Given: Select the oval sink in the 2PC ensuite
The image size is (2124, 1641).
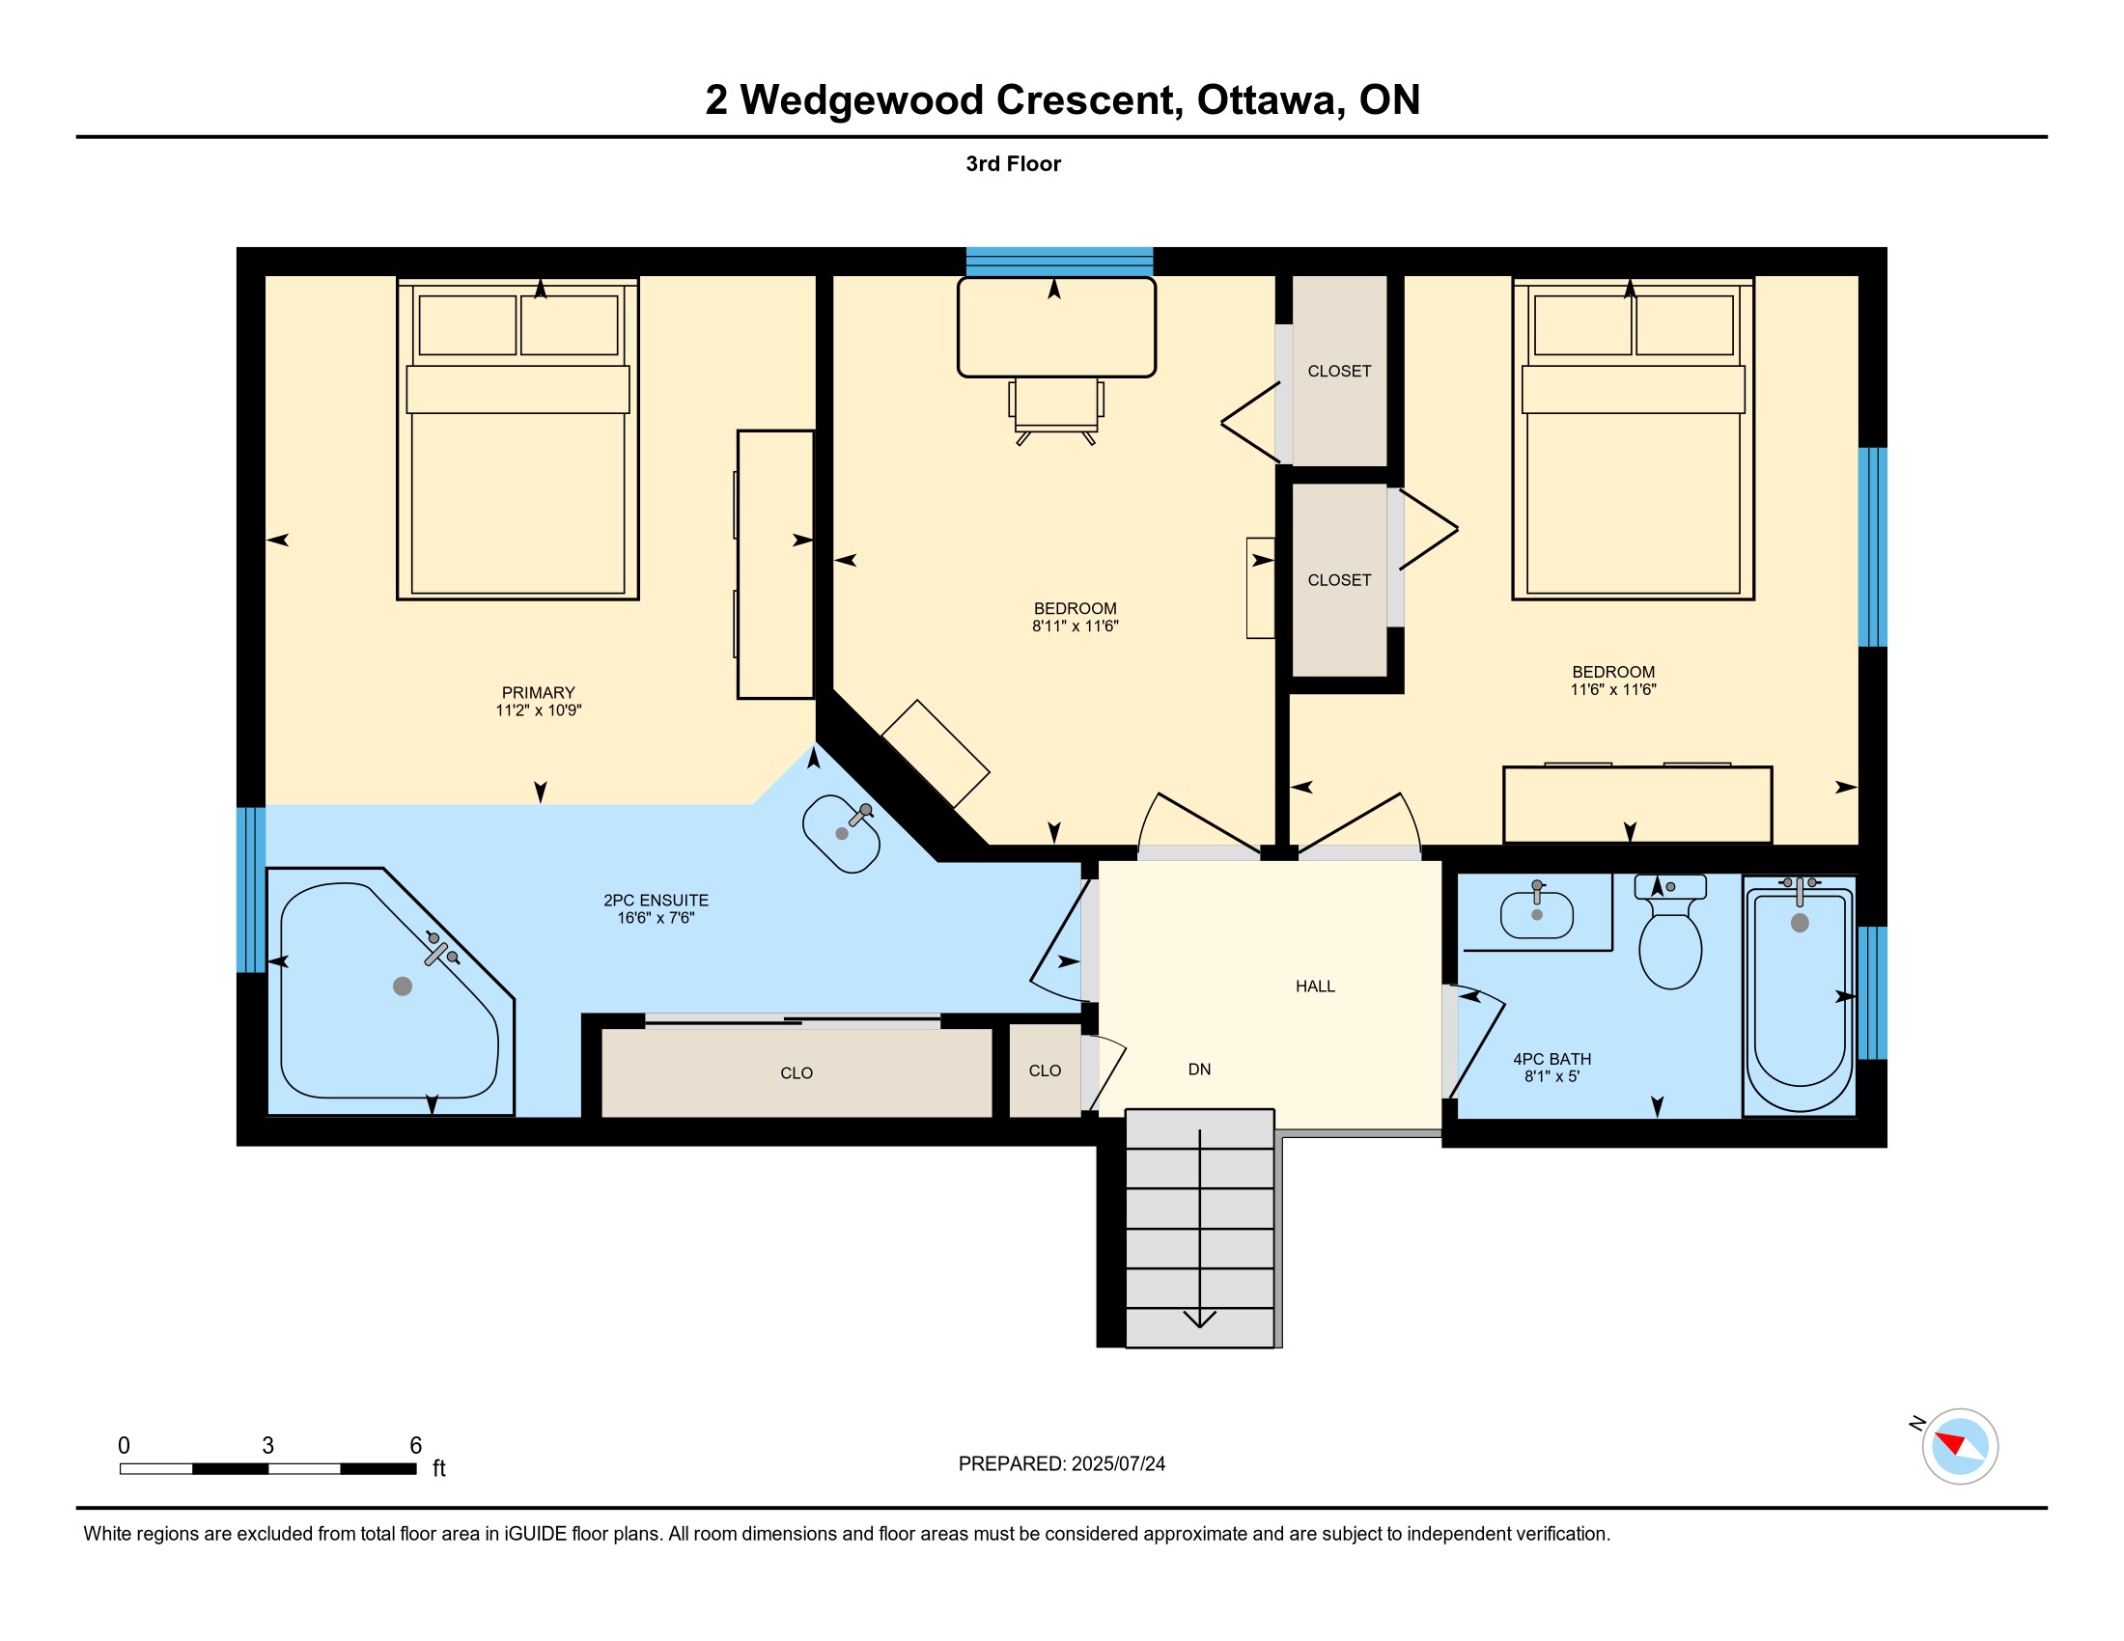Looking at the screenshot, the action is pyautogui.click(x=841, y=834).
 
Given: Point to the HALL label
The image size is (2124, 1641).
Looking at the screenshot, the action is pyautogui.click(x=1315, y=987).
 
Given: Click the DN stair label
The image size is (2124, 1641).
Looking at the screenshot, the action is pyautogui.click(x=1199, y=1070).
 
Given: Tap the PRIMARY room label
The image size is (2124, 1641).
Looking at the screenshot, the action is pyautogui.click(x=538, y=693).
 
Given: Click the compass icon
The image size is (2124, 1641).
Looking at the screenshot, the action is pyautogui.click(x=1960, y=1446).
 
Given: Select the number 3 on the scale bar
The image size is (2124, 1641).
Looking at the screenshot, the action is pyautogui.click(x=267, y=1446).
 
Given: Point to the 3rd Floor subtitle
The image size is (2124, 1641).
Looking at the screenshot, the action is pyautogui.click(x=1013, y=164).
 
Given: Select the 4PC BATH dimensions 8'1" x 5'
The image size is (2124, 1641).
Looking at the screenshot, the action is pyautogui.click(x=1551, y=1077).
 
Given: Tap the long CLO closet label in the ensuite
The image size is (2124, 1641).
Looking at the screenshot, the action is pyautogui.click(x=796, y=1073).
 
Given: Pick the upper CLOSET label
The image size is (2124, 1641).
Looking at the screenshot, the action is pyautogui.click(x=1339, y=372).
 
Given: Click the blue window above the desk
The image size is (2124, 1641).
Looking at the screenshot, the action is pyautogui.click(x=1059, y=263).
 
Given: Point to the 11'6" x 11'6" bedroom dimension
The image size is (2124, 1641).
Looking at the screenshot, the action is pyautogui.click(x=1612, y=690).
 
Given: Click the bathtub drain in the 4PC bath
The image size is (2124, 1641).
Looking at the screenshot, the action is pyautogui.click(x=1800, y=924).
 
